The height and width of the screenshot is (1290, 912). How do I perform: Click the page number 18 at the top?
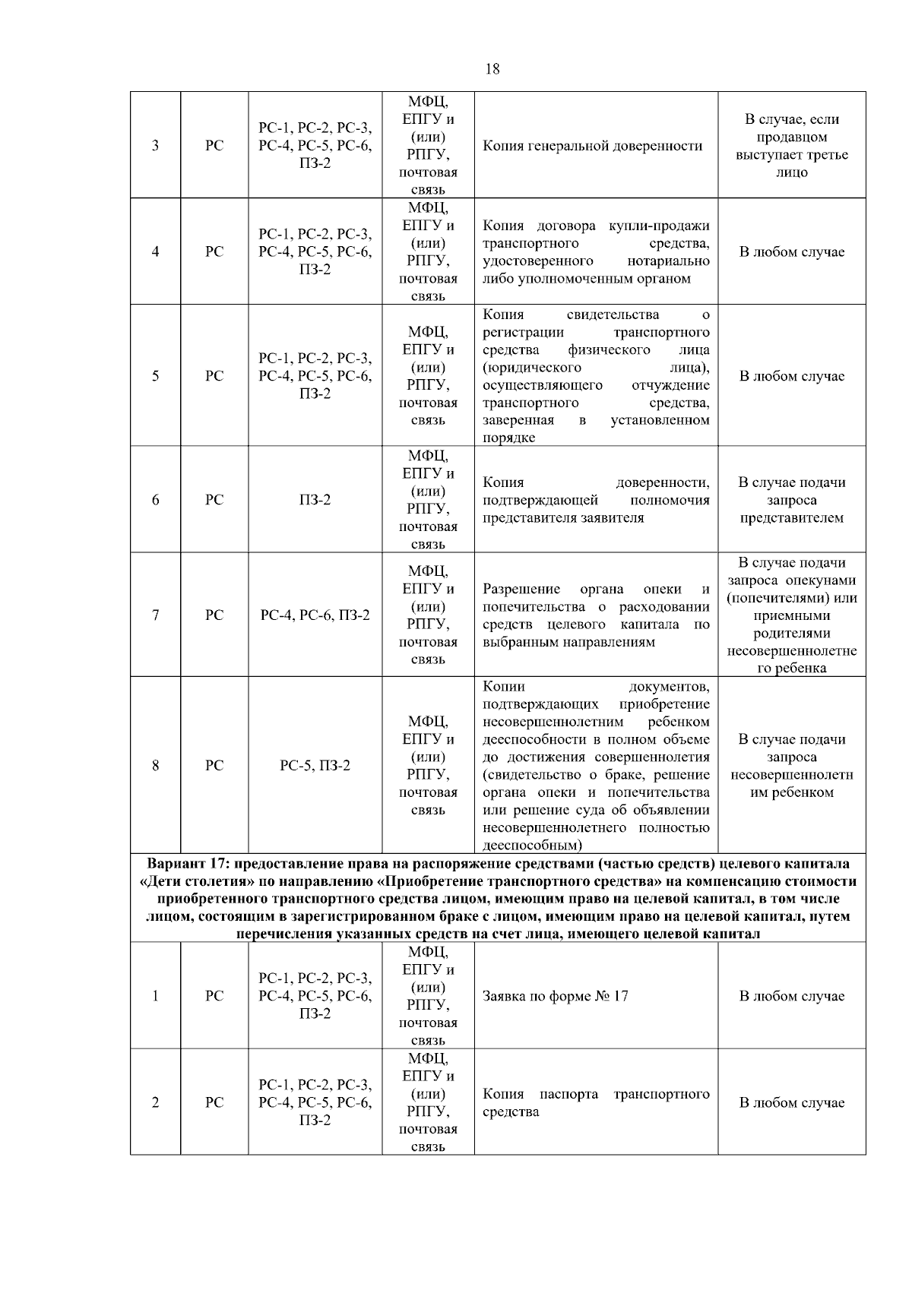pyautogui.click(x=492, y=69)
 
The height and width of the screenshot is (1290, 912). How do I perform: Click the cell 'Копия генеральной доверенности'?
pyautogui.click(x=592, y=146)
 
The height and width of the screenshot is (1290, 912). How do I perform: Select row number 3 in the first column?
pyautogui.click(x=155, y=146)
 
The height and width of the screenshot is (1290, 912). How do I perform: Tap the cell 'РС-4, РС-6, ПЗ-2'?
pyautogui.click(x=315, y=615)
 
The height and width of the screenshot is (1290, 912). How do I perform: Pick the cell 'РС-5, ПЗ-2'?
pyautogui.click(x=315, y=766)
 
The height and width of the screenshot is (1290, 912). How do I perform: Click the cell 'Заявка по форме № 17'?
pyautogui.click(x=556, y=996)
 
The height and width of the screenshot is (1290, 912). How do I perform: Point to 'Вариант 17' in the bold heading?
pyautogui.click(x=187, y=864)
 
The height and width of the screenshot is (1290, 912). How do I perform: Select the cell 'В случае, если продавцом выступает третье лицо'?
pyautogui.click(x=791, y=146)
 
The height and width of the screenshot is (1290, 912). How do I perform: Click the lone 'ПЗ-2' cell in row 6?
pyautogui.click(x=315, y=500)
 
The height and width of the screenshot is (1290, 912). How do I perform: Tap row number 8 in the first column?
pyautogui.click(x=155, y=766)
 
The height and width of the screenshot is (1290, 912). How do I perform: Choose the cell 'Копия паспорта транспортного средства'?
pyautogui.click(x=596, y=1102)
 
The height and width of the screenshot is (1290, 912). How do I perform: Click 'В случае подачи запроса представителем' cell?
pyautogui.click(x=791, y=500)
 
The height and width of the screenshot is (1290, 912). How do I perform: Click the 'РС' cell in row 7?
pyautogui.click(x=214, y=615)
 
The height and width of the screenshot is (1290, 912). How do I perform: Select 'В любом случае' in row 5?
pyautogui.click(x=791, y=376)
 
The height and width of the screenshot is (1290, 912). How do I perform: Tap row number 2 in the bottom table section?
pyautogui.click(x=155, y=1102)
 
